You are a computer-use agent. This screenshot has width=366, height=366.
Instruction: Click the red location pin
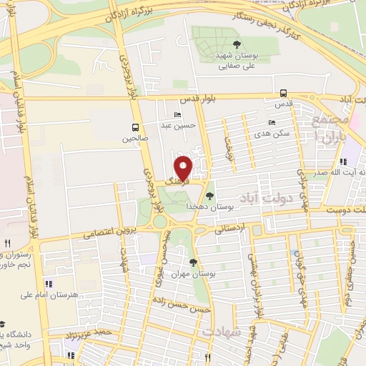pos(184,169)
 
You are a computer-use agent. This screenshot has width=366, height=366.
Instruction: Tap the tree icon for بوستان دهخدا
pos(209,194)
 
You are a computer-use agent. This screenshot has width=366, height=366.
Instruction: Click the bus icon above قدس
pos(284,93)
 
